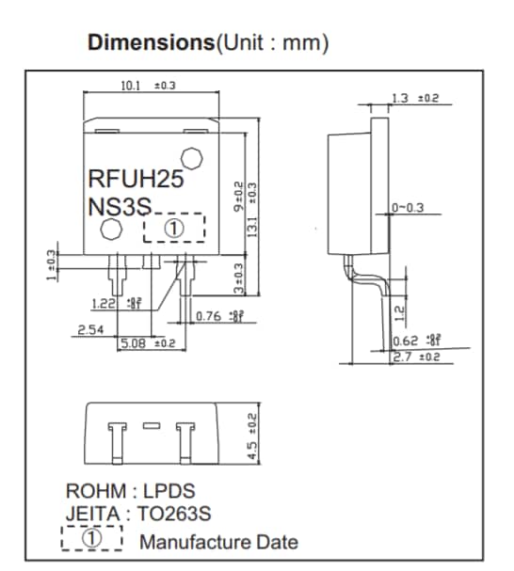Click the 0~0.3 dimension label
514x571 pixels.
pos(409,207)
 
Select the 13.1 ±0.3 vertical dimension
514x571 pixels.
pos(251,212)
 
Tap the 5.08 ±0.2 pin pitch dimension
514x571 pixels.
pos(147,343)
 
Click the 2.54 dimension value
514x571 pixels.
pos(91,330)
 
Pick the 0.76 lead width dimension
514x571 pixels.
pos(218,315)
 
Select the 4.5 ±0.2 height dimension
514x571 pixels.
pos(251,434)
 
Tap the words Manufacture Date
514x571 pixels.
pos(218,542)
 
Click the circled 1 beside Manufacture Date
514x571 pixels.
pos(92,539)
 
